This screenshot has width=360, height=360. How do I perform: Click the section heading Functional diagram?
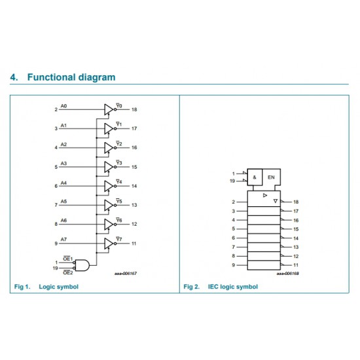71,77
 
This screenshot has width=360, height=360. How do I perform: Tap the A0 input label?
63,106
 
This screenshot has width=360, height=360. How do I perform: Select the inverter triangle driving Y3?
109,167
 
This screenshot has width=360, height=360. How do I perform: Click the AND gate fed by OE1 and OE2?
82,265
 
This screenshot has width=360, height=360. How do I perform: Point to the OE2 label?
68,273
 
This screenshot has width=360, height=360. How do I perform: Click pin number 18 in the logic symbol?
134,109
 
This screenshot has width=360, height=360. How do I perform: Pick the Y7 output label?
119,239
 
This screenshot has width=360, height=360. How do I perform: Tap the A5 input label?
63,202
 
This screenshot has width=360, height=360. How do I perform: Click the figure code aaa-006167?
126,274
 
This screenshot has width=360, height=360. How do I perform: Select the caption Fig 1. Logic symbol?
46,287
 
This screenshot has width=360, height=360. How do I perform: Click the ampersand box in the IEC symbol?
255,177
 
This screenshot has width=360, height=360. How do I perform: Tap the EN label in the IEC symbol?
271,177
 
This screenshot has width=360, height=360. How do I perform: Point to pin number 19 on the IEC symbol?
232,181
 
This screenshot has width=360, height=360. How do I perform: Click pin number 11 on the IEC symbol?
296,265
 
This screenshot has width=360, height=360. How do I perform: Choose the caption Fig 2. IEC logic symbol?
221,287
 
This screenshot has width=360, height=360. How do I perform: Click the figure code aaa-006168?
288,274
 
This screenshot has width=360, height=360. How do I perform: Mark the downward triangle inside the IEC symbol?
276,201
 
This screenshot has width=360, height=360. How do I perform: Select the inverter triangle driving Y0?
109,109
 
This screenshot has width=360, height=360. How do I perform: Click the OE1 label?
67,259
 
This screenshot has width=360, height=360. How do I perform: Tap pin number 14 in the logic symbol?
134,186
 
